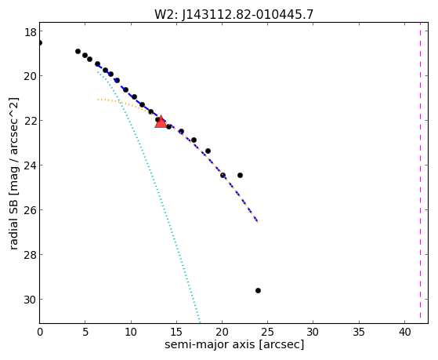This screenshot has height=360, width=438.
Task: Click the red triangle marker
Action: point(161,122)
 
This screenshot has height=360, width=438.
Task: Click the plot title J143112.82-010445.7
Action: point(248,14)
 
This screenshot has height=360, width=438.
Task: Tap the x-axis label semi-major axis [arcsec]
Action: point(234,344)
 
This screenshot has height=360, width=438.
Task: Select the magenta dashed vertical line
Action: point(420,173)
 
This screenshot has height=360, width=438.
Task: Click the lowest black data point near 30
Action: point(258,291)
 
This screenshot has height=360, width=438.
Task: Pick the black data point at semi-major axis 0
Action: point(40,43)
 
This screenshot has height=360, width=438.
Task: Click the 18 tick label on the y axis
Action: point(30,32)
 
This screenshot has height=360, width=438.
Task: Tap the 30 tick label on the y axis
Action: point(30,300)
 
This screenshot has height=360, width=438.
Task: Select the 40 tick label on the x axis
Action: point(404,332)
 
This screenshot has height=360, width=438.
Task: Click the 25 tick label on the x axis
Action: point(268,332)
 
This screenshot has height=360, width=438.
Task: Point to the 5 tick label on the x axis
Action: point(85,332)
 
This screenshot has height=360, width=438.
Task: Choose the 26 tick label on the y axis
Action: point(30,210)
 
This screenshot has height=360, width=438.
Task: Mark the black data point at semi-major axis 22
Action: point(240,176)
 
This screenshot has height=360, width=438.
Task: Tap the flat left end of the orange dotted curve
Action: point(98,100)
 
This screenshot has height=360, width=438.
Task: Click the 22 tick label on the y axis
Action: point(30,121)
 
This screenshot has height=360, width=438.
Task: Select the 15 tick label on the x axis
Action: point(176,332)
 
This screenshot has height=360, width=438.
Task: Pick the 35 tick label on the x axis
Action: point(359,332)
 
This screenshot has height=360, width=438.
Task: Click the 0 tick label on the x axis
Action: point(40,332)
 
